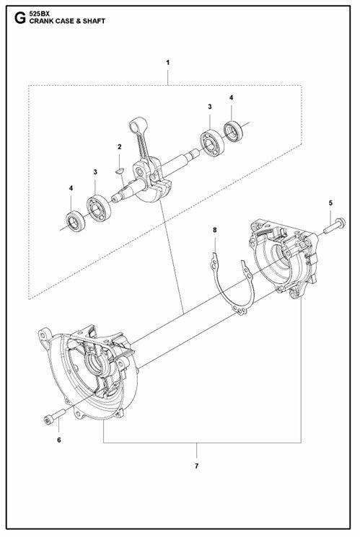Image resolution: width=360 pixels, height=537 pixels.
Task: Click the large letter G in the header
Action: [20, 18]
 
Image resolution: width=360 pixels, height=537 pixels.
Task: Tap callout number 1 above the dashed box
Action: [167, 62]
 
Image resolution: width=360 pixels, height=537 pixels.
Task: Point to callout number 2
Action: [119, 147]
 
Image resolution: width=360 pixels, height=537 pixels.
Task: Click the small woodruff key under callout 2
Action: [120, 169]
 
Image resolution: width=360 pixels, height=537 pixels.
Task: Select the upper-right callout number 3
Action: [210, 107]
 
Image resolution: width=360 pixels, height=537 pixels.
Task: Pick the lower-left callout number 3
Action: [95, 172]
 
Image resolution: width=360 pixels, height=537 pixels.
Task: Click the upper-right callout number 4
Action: [232, 97]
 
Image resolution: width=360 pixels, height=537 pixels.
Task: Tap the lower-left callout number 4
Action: [71, 188]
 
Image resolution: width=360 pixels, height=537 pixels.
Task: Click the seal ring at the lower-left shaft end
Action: [75, 222]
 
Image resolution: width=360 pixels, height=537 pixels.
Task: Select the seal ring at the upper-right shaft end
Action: [233, 130]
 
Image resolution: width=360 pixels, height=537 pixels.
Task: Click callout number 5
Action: [330, 203]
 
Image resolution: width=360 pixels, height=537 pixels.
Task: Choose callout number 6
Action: [59, 440]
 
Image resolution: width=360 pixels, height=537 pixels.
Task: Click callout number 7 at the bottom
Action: [196, 466]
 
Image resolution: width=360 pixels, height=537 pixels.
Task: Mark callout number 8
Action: [215, 230]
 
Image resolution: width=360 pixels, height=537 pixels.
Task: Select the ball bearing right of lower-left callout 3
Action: [99, 208]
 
